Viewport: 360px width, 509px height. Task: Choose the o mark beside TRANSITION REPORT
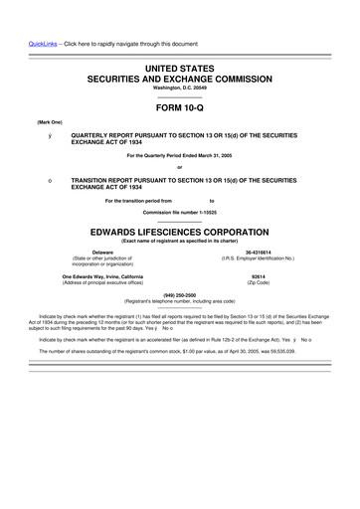click(36, 180)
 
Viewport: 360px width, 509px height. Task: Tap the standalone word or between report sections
click(179, 166)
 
